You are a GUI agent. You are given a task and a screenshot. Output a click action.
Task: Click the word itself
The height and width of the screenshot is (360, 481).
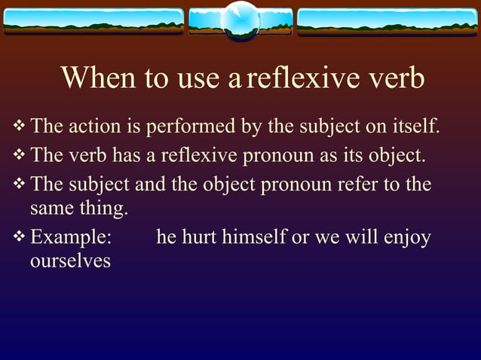[412, 126]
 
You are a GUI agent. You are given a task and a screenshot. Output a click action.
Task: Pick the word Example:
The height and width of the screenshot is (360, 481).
[71, 238]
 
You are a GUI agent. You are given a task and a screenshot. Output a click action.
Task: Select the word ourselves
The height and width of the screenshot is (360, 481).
[71, 261]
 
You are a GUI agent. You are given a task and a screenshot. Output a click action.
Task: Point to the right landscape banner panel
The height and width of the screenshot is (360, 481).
[388, 21]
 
